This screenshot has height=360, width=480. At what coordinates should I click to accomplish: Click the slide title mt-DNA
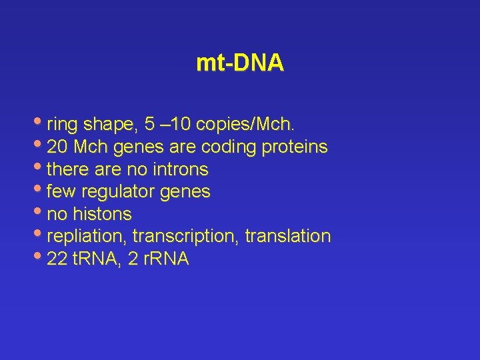coord(240,63)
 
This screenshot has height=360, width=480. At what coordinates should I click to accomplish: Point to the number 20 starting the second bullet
coord(57,147)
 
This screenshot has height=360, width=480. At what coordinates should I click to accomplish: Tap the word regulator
coord(116,192)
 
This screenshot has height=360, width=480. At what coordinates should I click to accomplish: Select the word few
coord(61,192)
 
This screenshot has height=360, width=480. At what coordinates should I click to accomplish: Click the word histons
coord(103,215)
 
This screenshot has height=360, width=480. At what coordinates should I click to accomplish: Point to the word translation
coord(288,237)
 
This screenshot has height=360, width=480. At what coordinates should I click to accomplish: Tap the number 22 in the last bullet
coord(57,259)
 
